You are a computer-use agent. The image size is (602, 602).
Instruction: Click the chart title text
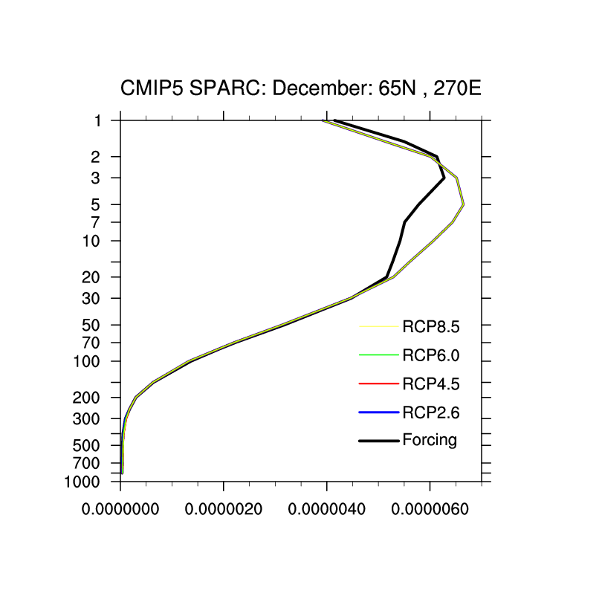tap(301, 90)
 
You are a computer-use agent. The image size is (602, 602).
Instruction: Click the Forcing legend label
tap(430, 440)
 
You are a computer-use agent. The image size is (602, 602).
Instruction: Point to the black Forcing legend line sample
tap(378, 441)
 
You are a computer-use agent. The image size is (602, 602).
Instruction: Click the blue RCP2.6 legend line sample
tap(378, 412)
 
